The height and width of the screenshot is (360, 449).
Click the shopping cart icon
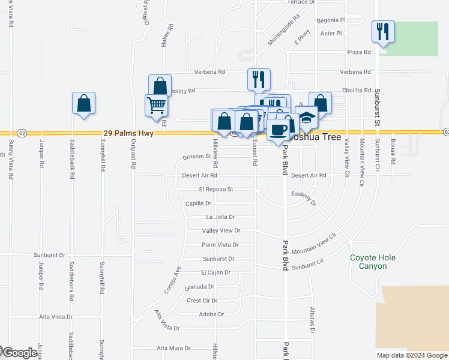pyautogui.click(x=156, y=105)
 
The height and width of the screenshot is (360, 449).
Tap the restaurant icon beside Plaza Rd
pyautogui.click(x=382, y=31)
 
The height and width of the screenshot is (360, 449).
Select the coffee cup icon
pyautogui.click(x=279, y=130)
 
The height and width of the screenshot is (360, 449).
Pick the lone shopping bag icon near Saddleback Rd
pyautogui.click(x=83, y=103)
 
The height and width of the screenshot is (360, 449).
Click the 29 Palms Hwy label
pyautogui.click(x=129, y=133)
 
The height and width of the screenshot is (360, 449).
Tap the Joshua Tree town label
pyautogui.click(x=315, y=137)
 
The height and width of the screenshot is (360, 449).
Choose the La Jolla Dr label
pyautogui.click(x=220, y=217)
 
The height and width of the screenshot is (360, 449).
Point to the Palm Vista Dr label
pyautogui.click(x=220, y=245)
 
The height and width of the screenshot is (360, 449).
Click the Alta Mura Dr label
pyautogui.click(x=173, y=348)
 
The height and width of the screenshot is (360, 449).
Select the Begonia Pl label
pyautogui.click(x=333, y=20)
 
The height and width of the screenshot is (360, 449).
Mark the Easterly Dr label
pyautogui.click(x=303, y=198)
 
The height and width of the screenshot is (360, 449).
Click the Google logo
pyautogui.click(x=19, y=353)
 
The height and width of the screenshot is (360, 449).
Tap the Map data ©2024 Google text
pyautogui.click(x=412, y=355)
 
